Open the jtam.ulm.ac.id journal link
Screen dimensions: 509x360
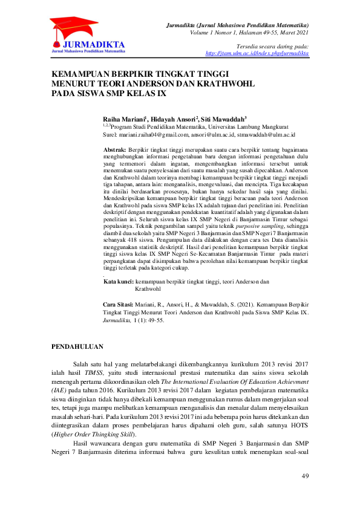(x=257, y=54)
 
